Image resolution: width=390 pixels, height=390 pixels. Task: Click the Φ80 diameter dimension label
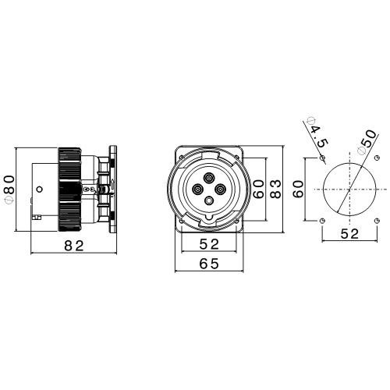pyautogui.click(x=10, y=190)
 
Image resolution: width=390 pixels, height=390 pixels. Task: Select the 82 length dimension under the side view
pyautogui.click(x=74, y=246)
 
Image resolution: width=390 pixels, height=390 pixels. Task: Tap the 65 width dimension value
pyautogui.click(x=209, y=264)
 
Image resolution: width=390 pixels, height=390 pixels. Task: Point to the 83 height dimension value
pyautogui.click(x=275, y=189)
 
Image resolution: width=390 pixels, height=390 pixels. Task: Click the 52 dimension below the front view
pyautogui.click(x=209, y=244)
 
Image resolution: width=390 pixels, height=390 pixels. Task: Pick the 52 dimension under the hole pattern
pyautogui.click(x=349, y=234)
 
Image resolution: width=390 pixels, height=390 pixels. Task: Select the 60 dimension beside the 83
pyautogui.click(x=259, y=189)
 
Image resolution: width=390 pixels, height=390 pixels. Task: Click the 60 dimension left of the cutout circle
pyautogui.click(x=298, y=189)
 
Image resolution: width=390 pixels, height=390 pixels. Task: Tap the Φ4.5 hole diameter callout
pyautogui.click(x=317, y=133)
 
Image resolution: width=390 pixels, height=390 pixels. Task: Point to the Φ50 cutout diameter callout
pyautogui.click(x=367, y=143)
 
